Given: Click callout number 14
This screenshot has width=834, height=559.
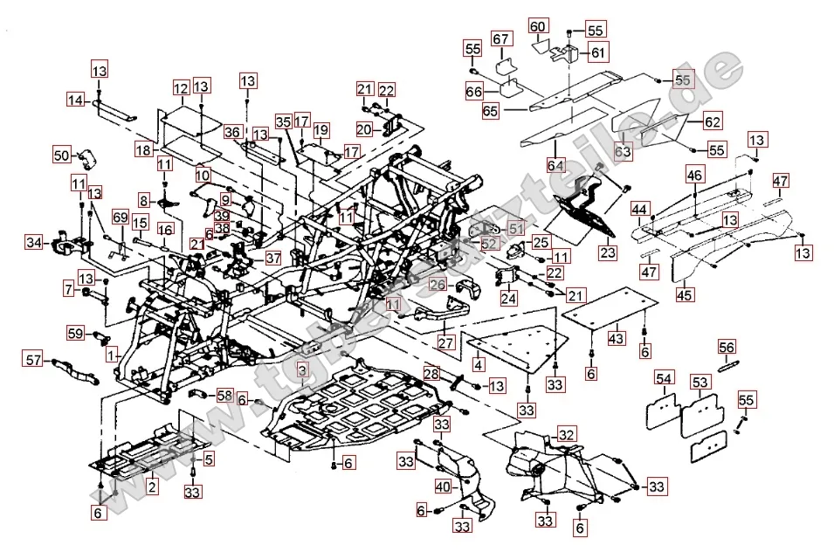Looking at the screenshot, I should [x=76, y=101].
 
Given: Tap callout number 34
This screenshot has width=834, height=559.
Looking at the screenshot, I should [x=33, y=242].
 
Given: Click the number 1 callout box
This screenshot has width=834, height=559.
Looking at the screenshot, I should [x=112, y=355].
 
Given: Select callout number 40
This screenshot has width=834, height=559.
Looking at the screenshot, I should [x=443, y=486].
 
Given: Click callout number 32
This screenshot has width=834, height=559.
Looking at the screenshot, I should [x=567, y=434].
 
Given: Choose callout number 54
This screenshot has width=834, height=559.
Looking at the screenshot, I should [x=665, y=379].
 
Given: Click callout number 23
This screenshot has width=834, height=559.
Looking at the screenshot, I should [x=606, y=252].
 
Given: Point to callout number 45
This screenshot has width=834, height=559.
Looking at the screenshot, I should [x=685, y=294].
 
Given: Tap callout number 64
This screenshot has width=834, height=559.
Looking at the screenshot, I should [x=555, y=164].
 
